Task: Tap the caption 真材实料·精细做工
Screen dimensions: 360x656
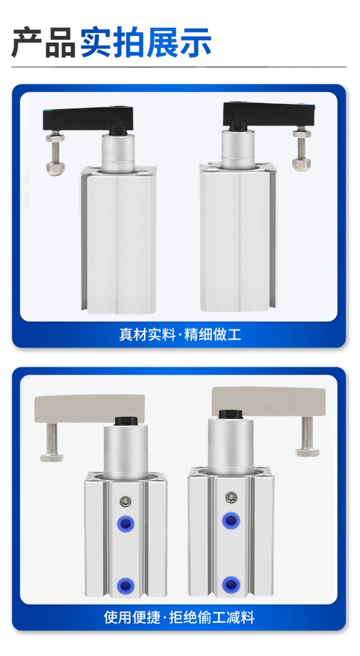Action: [x=180, y=334]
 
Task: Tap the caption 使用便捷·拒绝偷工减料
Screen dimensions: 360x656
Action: [x=179, y=617]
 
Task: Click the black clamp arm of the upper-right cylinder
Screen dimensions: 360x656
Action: [x=269, y=113]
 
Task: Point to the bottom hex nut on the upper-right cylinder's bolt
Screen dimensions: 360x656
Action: [x=302, y=163]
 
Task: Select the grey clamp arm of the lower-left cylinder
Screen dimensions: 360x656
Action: [x=90, y=409]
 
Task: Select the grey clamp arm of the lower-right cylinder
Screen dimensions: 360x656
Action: [x=268, y=401]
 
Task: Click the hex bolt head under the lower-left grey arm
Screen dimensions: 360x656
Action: [x=52, y=458]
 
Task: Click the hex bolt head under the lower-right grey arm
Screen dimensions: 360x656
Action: [x=307, y=452]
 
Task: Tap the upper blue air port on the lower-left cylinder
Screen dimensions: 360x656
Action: [x=126, y=523]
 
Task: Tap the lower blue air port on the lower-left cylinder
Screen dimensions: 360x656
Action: [x=126, y=585]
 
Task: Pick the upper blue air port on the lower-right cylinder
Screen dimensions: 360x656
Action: [x=231, y=521]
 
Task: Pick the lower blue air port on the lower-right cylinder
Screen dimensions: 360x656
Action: [x=231, y=584]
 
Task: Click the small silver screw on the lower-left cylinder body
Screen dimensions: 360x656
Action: [x=126, y=502]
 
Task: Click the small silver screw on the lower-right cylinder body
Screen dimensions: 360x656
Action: [x=231, y=497]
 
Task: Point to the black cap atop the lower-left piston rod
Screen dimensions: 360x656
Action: [x=126, y=421]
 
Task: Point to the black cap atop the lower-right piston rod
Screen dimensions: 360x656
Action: [x=231, y=414]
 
